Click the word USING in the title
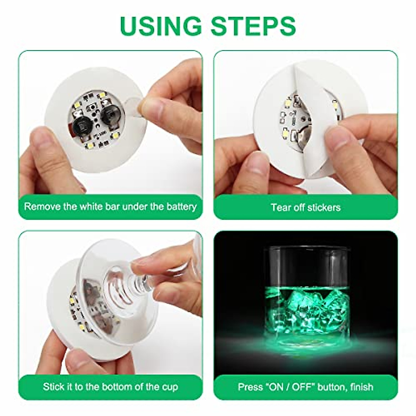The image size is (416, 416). pos(161,25)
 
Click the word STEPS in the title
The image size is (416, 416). pos(254,25)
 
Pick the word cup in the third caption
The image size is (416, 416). pos(170,387)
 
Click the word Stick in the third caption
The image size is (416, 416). pos(52,387)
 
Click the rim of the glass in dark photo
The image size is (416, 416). pos(306,248)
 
